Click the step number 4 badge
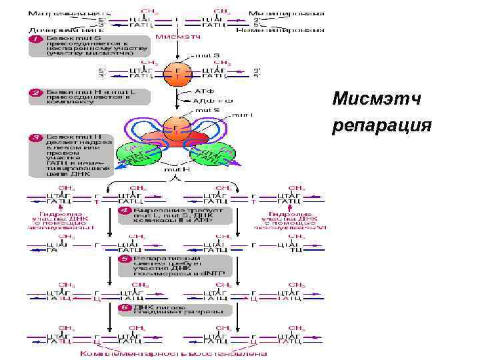click(124, 211)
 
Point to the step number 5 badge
click(124, 257)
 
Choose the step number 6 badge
click(124, 308)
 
